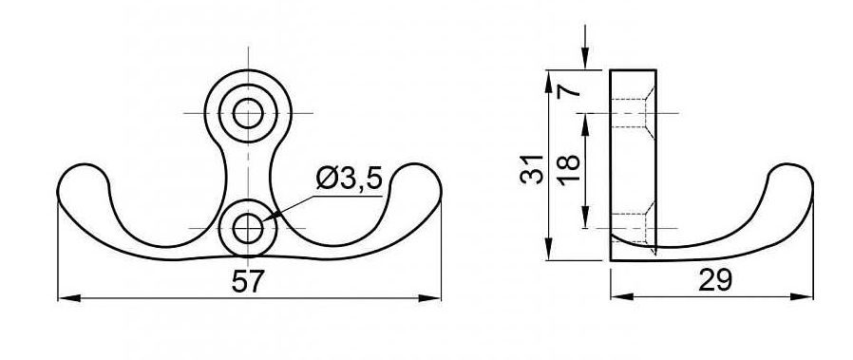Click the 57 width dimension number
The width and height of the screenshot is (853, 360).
[248, 282]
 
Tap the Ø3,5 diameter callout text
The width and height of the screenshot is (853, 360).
[350, 179]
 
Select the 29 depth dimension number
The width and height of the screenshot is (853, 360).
[715, 280]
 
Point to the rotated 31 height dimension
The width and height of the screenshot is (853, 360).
[532, 169]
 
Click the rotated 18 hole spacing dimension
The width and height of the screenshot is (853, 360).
[569, 171]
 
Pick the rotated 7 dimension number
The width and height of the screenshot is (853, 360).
[570, 88]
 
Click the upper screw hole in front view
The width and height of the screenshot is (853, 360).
[248, 113]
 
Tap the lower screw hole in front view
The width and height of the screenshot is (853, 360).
[248, 228]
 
